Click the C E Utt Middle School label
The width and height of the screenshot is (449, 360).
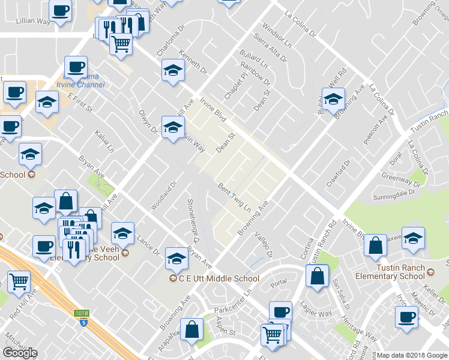click(x=220, y=278)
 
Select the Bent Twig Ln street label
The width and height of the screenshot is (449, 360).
click(x=234, y=197)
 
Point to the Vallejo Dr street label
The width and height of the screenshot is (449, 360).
click(x=264, y=246)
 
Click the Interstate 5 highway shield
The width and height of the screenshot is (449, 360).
click(x=83, y=322)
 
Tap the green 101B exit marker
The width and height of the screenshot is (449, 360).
click(x=82, y=313)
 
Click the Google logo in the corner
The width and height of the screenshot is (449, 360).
click(x=19, y=353)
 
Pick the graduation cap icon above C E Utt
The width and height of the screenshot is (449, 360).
click(x=176, y=258)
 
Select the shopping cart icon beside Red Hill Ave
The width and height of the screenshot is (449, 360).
click(x=19, y=280)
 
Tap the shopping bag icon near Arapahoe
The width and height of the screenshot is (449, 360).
click(x=191, y=330)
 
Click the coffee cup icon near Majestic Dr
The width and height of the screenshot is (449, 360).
click(x=406, y=316)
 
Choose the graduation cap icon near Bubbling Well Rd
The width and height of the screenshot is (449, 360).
click(x=333, y=98)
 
